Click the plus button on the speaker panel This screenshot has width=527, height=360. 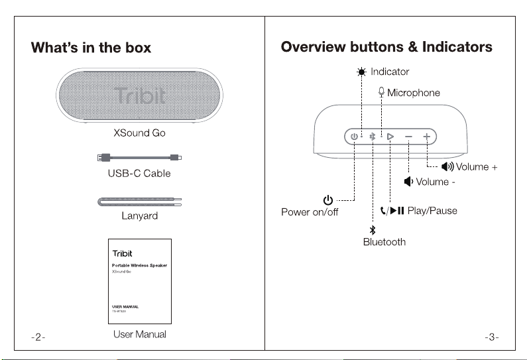426,137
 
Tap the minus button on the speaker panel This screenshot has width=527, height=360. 408,137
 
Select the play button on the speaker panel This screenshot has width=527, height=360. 390,137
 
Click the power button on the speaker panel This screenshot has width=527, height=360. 354,137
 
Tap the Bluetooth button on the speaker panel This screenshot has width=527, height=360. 373,137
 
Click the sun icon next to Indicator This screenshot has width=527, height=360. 361,72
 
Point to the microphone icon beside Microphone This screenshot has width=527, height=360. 381,92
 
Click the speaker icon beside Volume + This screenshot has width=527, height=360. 447,166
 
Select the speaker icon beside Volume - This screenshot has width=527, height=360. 408,182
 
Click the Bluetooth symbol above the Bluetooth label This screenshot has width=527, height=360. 373,230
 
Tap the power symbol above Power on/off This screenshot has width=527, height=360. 327,200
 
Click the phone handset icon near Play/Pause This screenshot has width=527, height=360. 383,211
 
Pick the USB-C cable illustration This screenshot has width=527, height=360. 139,157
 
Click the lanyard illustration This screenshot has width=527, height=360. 139,202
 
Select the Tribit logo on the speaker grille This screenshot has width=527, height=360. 139,95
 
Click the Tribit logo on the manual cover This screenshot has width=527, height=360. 123,253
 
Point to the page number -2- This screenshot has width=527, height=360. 38,337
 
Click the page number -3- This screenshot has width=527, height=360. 491,337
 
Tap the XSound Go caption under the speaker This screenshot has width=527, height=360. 139,133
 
